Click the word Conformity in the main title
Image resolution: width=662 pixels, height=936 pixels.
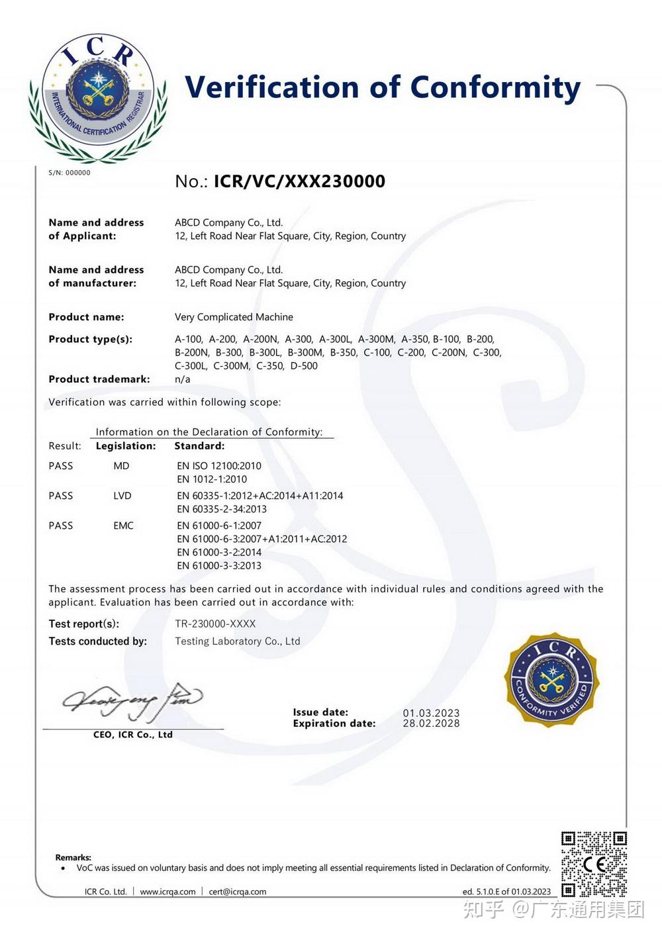(x=495, y=88)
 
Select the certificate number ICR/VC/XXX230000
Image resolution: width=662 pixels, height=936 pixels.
(x=299, y=181)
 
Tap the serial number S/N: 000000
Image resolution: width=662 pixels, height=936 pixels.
(x=70, y=173)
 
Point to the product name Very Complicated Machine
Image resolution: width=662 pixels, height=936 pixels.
(x=234, y=317)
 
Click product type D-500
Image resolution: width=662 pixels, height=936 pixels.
(x=304, y=365)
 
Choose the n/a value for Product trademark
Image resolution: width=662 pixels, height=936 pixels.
(x=183, y=379)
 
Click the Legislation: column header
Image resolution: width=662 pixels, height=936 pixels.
(x=126, y=446)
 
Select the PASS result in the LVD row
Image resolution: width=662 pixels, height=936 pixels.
(x=61, y=496)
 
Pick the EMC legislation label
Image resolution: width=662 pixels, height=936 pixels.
(x=123, y=526)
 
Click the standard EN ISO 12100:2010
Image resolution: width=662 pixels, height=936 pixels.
(x=219, y=466)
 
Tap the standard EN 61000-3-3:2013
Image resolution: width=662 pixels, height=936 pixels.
(x=219, y=566)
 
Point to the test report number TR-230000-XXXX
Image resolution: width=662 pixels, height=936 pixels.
(x=215, y=624)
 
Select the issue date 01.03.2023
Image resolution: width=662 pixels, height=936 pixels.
(x=431, y=713)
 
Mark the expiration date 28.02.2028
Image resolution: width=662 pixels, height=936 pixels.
(x=431, y=724)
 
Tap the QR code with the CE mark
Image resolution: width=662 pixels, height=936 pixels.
(x=594, y=864)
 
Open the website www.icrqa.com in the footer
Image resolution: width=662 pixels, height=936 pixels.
(x=167, y=892)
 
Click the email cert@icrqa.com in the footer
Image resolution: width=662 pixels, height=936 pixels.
(x=238, y=892)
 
